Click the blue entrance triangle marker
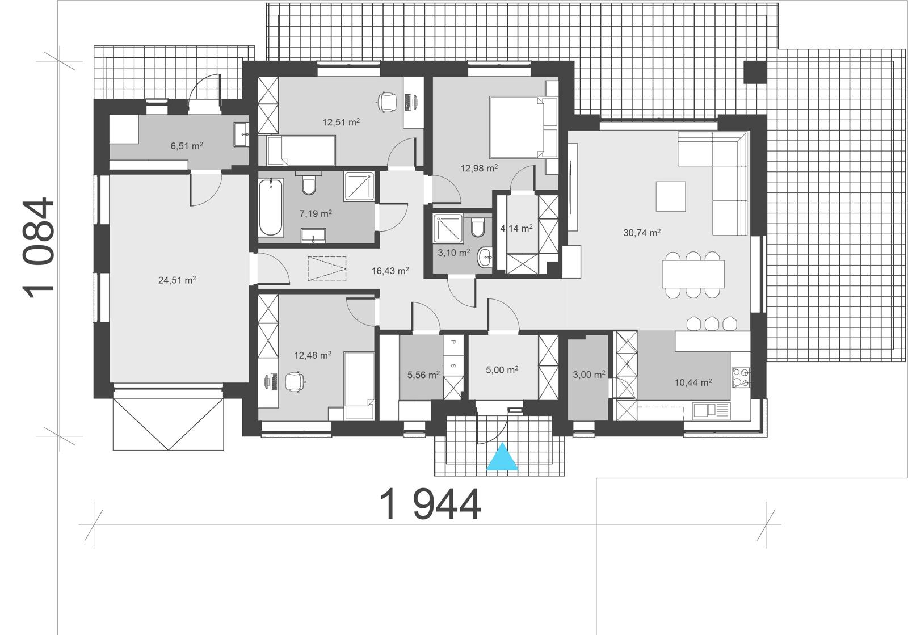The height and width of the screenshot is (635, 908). tap(503, 459)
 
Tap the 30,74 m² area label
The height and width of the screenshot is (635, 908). tap(642, 232)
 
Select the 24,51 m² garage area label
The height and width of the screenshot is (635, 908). tap(177, 280)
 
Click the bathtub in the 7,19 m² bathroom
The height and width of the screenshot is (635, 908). tap(271, 207)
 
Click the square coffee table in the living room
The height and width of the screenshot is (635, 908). tap(670, 196)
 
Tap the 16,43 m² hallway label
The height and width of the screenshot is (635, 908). tap(390, 271)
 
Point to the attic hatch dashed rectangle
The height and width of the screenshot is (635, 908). tap(327, 268)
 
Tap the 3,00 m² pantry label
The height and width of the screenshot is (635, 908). tap(588, 374)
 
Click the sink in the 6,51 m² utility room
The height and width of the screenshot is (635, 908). tap(241, 134)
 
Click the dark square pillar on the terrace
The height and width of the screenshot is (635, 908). tap(755, 72)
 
